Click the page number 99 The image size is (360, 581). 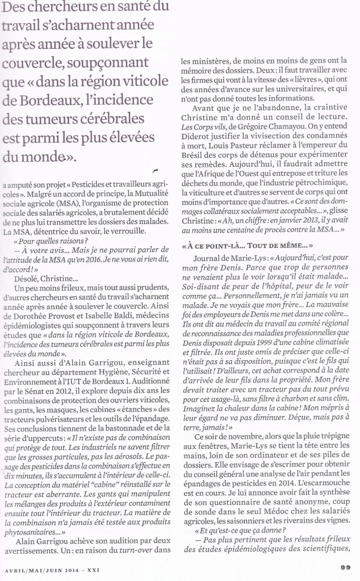pyautogui.click(x=346, y=566)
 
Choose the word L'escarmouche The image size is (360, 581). pyautogui.click(x=318, y=473)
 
